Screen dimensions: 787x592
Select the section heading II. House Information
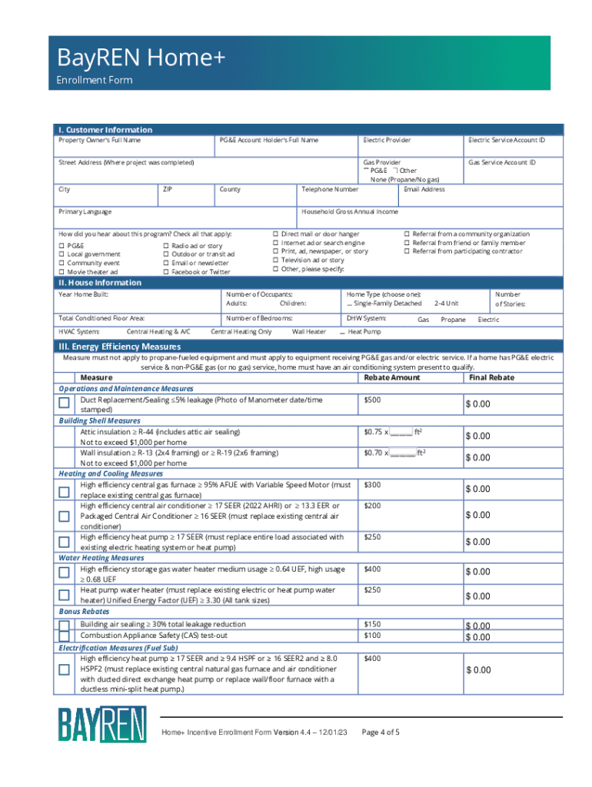[x=100, y=283]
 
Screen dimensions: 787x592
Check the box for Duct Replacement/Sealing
[x=65, y=404]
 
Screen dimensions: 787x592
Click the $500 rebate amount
[x=372, y=400]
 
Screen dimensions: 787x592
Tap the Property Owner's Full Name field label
[x=100, y=141]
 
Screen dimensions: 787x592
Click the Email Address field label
[x=424, y=189]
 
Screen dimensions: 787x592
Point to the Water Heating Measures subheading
[x=101, y=558]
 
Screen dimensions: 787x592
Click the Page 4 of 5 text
[x=380, y=732]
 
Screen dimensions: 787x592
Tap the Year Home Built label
[x=83, y=294]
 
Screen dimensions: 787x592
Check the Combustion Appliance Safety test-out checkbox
[x=65, y=636]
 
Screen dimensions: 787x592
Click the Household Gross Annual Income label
[x=350, y=211]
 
